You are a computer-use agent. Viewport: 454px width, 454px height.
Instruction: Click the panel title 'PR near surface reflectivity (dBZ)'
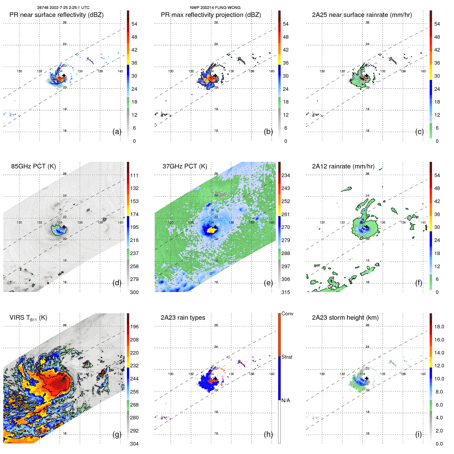[x=56, y=15]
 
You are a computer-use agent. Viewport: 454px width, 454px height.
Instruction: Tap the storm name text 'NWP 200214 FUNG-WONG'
[x=215, y=8]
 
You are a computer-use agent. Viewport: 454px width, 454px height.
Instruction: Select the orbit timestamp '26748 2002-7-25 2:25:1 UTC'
[x=63, y=8]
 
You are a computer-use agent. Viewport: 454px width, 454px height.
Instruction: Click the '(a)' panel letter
[x=117, y=132]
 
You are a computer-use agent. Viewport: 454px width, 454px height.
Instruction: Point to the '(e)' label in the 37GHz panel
[x=268, y=283]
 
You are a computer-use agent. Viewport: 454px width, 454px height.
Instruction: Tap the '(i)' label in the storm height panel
[x=418, y=434]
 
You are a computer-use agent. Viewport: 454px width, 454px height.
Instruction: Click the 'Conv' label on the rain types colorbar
[x=287, y=314]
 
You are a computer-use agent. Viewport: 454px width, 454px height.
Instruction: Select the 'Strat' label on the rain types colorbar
[x=287, y=357]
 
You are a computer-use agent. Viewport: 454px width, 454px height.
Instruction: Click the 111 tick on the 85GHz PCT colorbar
[x=134, y=175]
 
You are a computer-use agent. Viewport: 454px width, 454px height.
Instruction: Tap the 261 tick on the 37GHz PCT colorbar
[x=286, y=214]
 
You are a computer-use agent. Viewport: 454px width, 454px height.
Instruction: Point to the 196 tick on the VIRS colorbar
[x=134, y=327]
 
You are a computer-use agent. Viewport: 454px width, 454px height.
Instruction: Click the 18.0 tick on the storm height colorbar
[x=439, y=327]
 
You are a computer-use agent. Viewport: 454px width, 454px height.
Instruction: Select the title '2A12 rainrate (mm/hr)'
[x=343, y=166]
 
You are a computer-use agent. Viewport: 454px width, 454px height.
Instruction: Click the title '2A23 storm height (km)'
[x=345, y=318]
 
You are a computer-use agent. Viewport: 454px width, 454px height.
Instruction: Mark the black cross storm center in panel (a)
[x=64, y=76]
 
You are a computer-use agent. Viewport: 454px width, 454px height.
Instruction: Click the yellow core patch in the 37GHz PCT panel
[x=211, y=230]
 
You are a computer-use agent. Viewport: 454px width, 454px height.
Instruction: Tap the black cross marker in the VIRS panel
[x=64, y=378]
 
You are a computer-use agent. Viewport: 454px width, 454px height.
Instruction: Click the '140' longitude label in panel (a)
[x=120, y=71]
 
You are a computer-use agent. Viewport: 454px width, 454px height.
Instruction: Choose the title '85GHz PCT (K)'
[x=33, y=166]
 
